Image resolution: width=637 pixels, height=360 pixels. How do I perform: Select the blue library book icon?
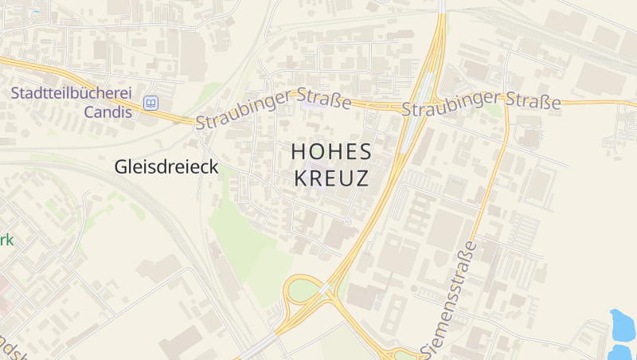tap(150, 103)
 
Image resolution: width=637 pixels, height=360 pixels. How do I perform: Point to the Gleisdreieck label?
tap(166, 166)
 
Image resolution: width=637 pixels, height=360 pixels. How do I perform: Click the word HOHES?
tap(331, 151)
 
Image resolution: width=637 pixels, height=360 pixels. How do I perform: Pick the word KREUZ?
tap(331, 178)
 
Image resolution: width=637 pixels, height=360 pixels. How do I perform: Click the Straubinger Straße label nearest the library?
tap(273, 110)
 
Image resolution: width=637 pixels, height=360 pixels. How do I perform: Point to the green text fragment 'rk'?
tap(6, 239)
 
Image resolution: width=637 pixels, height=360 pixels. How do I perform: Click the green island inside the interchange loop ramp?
tap(302, 291)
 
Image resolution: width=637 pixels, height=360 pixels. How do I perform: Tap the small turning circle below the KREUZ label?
tap(347, 221)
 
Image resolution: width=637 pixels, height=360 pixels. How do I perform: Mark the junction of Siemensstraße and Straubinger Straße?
tap(507, 104)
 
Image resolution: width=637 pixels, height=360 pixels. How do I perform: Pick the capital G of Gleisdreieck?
tap(121, 166)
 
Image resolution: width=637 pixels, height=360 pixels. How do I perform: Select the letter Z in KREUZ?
tap(362, 178)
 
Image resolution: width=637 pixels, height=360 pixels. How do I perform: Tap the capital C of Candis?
tap(89, 111)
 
